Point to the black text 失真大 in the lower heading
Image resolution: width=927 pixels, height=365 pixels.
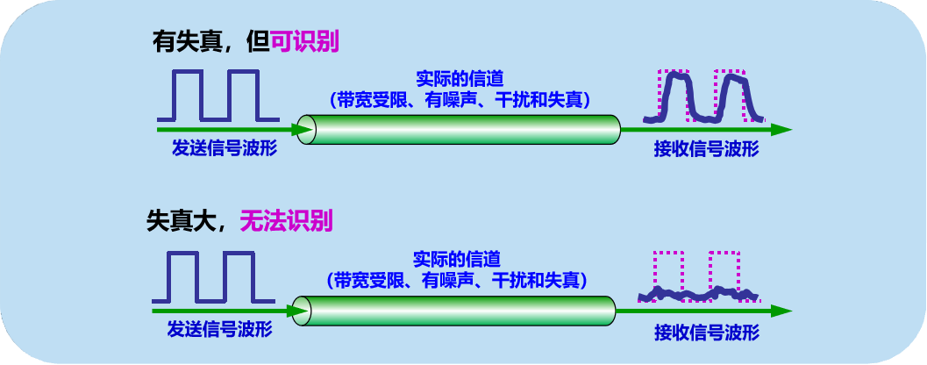pos(182,220)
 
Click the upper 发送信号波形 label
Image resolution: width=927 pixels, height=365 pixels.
pos(225,148)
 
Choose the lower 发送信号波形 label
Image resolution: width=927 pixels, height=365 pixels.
pos(219,330)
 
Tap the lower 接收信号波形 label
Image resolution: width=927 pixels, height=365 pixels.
pos(706,333)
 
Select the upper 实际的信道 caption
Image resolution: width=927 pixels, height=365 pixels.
pos(458,79)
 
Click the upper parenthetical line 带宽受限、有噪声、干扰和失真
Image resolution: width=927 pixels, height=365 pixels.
pos(459,99)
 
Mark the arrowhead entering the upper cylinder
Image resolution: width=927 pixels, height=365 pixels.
pos(301,130)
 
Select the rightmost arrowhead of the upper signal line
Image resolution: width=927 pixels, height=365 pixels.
pos(781,130)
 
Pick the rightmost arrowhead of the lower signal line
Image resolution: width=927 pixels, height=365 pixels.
pos(781,311)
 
